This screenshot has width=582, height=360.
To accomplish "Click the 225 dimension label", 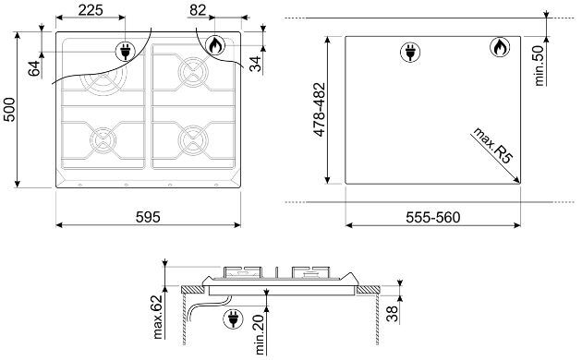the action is pyautogui.click(x=91, y=10).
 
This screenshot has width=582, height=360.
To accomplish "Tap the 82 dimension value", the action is pyautogui.click(x=198, y=10).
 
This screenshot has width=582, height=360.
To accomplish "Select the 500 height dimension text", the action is pyautogui.click(x=9, y=110).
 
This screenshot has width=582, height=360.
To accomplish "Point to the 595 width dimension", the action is pyautogui.click(x=148, y=217).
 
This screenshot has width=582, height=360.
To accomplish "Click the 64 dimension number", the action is pyautogui.click(x=34, y=68).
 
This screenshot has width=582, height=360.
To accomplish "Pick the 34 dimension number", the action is pyautogui.click(x=256, y=64).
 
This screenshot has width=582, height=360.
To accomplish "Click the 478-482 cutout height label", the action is pyautogui.click(x=320, y=110).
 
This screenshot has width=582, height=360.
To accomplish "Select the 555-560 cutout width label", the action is pyautogui.click(x=432, y=217).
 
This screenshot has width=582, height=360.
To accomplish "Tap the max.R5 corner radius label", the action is pyautogui.click(x=492, y=145).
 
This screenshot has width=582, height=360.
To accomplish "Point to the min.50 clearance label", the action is pyautogui.click(x=539, y=66).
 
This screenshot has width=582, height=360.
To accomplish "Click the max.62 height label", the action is pyautogui.click(x=158, y=317).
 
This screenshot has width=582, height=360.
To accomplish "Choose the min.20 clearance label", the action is pyautogui.click(x=260, y=334).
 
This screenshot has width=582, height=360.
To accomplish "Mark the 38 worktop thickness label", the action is pyautogui.click(x=392, y=314).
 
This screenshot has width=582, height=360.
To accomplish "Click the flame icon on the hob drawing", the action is pyautogui.click(x=215, y=45).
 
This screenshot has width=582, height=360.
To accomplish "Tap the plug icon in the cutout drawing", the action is pyautogui.click(x=410, y=52).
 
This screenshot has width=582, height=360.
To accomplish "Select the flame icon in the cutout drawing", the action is pyautogui.click(x=500, y=47).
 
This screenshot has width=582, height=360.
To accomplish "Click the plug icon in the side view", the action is pyautogui.click(x=233, y=318).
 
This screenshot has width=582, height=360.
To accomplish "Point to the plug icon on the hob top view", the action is pyautogui.click(x=126, y=51).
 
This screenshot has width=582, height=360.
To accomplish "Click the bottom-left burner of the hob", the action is pyautogui.click(x=103, y=140).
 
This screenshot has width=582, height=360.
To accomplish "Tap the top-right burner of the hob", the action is pyautogui.click(x=193, y=72).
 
